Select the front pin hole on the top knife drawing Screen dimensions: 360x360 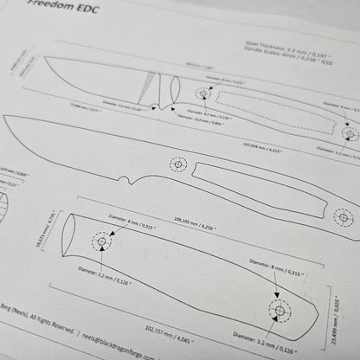[x=204, y=93]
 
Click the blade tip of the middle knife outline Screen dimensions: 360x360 [x=7, y=118]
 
